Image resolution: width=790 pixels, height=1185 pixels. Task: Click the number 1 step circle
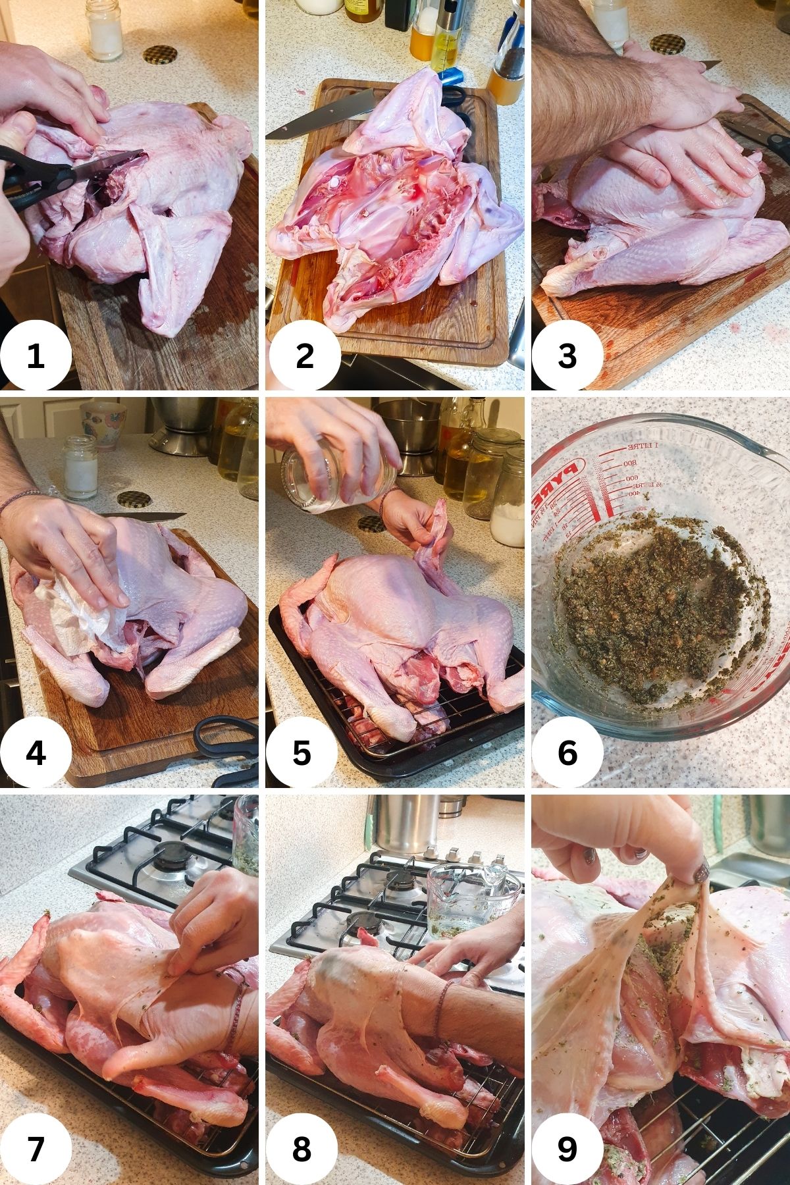pos(36,356)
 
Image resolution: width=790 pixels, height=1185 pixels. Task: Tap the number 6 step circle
pos(567,753)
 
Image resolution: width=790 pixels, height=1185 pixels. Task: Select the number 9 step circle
pos(567,1149)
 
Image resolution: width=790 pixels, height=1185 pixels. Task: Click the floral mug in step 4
pos(103,425)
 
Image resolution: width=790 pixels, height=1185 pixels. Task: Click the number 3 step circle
pos(567,356)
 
